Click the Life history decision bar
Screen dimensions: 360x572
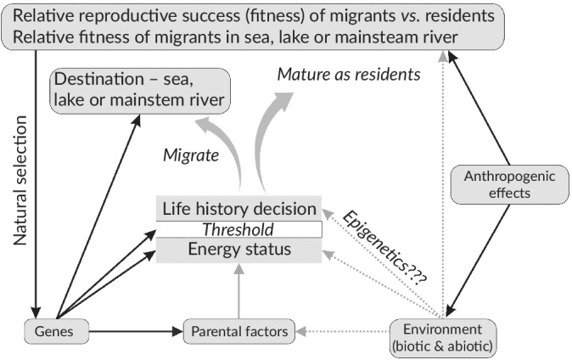[239, 209]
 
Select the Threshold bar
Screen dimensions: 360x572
[239, 229]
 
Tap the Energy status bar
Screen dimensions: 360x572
[239, 250]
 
